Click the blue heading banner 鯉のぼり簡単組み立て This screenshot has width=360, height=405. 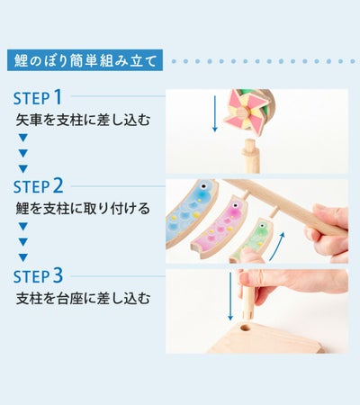[85, 60]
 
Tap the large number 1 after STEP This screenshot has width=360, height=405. [58, 97]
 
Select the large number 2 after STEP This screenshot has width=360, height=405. [58, 185]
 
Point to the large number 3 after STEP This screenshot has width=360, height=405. [58, 275]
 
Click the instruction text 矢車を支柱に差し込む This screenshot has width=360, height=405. [83, 120]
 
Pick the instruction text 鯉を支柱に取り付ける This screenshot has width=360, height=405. [83, 209]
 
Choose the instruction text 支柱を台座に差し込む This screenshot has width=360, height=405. [83, 298]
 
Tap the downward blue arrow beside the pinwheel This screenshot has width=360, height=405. [214, 113]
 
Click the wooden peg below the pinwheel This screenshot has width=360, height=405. [251, 156]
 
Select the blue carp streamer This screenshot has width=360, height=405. [191, 213]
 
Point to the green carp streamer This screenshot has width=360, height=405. [251, 240]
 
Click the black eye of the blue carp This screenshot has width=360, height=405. [204, 186]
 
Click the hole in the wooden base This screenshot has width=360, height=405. [245, 328]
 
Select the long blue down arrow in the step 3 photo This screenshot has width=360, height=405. [230, 296]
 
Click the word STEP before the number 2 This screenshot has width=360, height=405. [31, 187]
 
